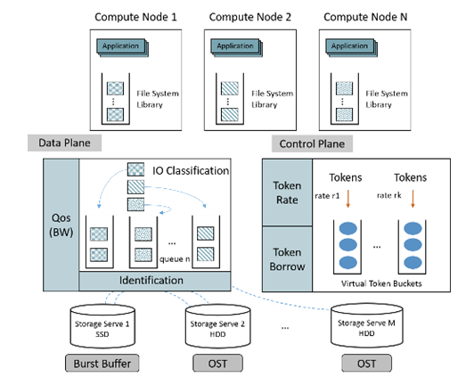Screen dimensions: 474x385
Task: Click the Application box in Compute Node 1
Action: [x=122, y=47]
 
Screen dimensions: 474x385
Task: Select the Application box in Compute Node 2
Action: [x=237, y=47]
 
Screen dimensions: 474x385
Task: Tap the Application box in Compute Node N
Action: [x=351, y=47]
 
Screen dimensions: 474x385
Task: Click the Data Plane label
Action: [x=64, y=143]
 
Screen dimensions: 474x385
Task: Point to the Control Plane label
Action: [x=312, y=143]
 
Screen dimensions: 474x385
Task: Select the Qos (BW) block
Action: [x=61, y=225]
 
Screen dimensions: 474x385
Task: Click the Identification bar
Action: [x=155, y=281]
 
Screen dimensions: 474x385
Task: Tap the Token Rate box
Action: [x=287, y=192]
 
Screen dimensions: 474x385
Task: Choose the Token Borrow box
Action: [x=287, y=259]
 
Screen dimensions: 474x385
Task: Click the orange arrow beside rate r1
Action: [x=348, y=199]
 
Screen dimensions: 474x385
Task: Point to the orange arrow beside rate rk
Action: [x=413, y=199]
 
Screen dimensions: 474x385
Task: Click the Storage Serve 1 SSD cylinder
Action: [x=102, y=327]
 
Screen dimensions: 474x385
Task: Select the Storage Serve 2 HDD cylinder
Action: [x=218, y=327]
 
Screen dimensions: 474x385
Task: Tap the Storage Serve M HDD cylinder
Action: [x=367, y=326]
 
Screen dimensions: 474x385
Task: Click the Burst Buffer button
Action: [x=102, y=364]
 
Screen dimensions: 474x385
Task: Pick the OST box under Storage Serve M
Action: [x=367, y=364]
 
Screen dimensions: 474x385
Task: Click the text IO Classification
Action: [x=191, y=170]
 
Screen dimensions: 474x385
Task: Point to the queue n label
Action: [x=175, y=259]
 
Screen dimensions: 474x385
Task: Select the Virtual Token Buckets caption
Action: [x=381, y=283]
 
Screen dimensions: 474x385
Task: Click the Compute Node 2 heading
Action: [x=250, y=17]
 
